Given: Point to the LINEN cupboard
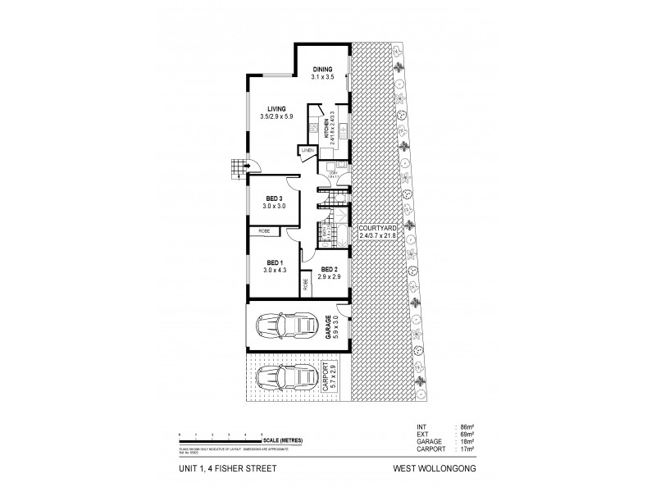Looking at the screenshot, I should click(x=307, y=151).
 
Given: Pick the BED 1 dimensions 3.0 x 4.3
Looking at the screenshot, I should click(x=275, y=269).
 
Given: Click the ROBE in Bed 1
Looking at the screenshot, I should click(x=265, y=232).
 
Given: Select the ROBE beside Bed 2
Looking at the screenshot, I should click(x=306, y=285).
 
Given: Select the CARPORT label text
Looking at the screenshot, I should click(x=326, y=378).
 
